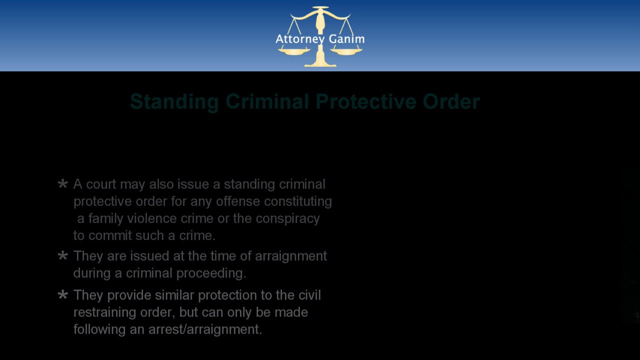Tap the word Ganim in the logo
[x=347, y=38]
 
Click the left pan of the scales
[x=293, y=51]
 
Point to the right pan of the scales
[x=346, y=51]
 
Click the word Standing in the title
[x=174, y=101]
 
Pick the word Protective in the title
[x=365, y=101]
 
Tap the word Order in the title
[x=451, y=101]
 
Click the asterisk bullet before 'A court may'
[x=62, y=183]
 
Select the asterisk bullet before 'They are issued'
[x=62, y=255]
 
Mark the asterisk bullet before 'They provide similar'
[x=62, y=294]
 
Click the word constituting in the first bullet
[x=297, y=201]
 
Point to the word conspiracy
[x=287, y=219]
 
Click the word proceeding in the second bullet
[x=211, y=273]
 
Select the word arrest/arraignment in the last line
[x=205, y=329]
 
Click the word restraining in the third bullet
[x=104, y=312]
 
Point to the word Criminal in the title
[x=267, y=101]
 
